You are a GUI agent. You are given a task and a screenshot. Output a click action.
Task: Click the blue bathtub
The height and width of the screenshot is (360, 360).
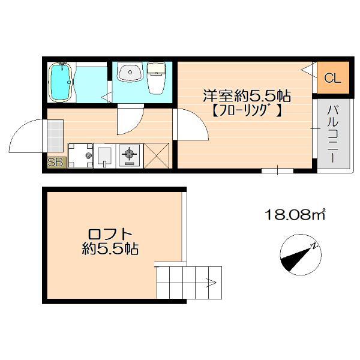[61, 83]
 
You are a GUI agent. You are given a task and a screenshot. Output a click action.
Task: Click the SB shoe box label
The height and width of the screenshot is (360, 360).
[55, 161]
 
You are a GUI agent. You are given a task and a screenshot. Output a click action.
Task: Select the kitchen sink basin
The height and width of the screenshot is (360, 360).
[104, 155]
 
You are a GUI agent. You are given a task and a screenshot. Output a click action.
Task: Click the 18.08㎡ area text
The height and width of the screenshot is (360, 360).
[295, 215]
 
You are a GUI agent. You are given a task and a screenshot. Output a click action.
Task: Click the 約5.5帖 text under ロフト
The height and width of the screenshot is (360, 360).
[110, 248]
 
